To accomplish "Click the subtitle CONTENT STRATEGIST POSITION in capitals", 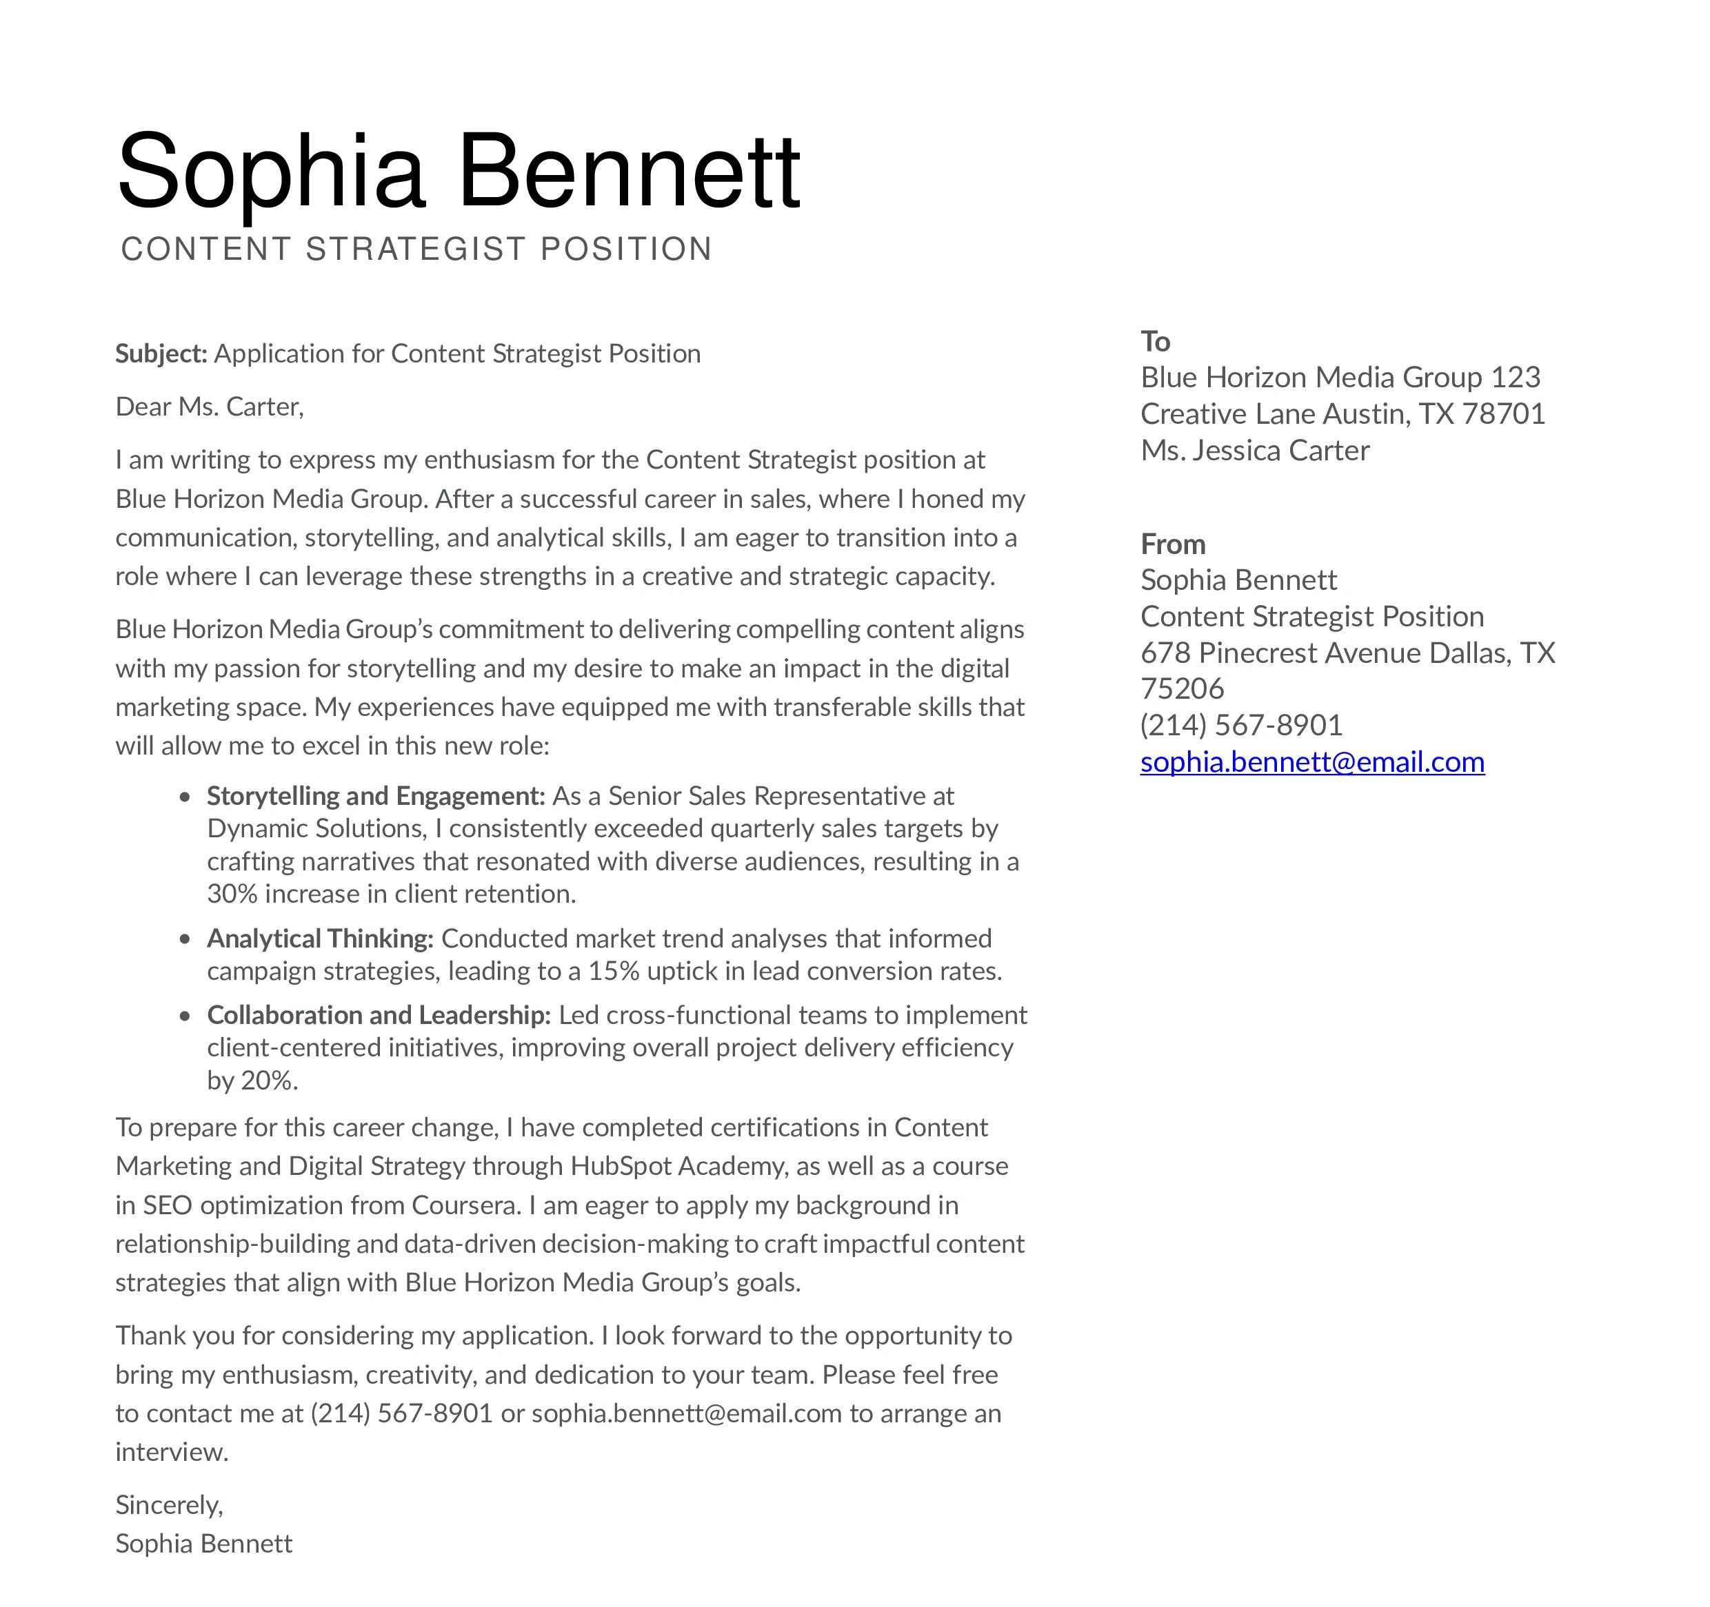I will tap(416, 249).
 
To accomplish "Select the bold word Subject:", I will tap(161, 354).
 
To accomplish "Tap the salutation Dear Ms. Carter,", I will tap(210, 407).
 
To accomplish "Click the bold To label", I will tap(1155, 341).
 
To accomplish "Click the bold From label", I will tap(1172, 544).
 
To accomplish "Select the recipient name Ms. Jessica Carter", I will tap(1254, 451).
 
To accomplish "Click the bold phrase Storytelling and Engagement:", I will tap(376, 796).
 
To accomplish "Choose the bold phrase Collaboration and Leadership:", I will tap(379, 1016).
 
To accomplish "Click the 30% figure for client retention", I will tap(232, 894).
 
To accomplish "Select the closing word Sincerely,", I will tap(170, 1506).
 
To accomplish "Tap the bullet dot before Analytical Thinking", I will tap(185, 939).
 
